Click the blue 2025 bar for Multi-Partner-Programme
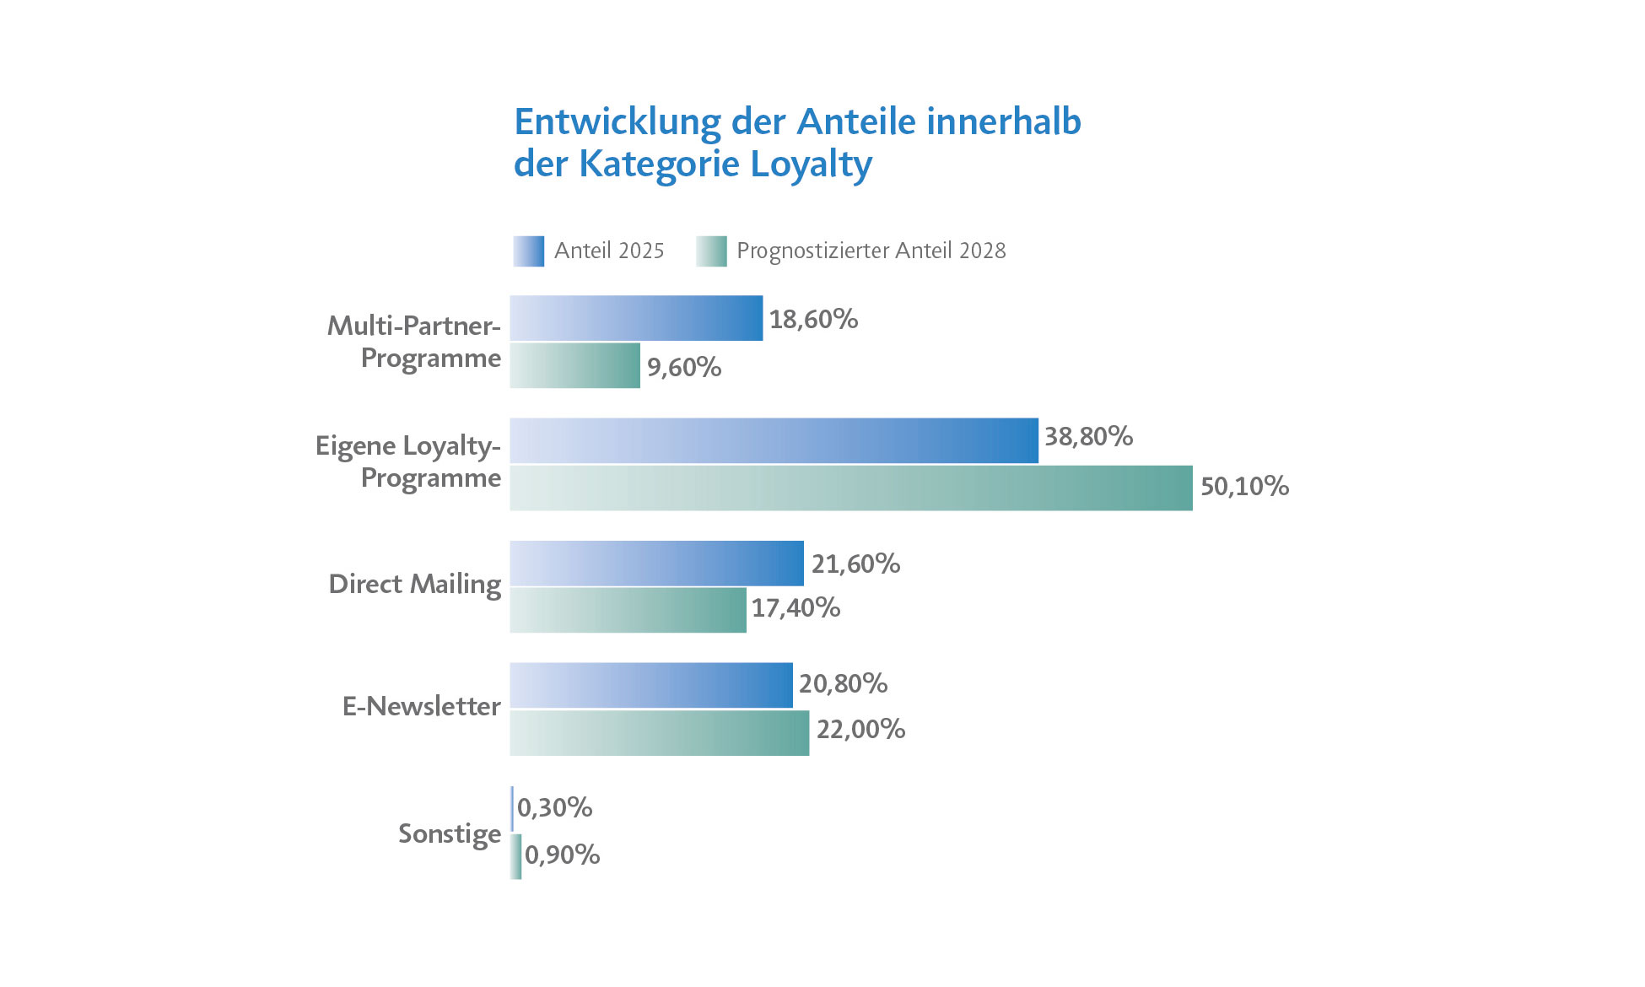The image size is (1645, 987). click(636, 318)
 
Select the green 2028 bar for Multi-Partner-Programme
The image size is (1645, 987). click(574, 365)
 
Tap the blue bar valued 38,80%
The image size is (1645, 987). click(774, 440)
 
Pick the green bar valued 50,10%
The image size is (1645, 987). click(850, 488)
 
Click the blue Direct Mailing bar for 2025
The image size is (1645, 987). click(656, 563)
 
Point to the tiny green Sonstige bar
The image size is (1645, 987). click(516, 856)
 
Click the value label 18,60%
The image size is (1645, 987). click(813, 319)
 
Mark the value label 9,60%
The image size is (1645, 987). click(684, 367)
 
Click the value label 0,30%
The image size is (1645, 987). click(554, 808)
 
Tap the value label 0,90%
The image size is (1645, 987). click(562, 855)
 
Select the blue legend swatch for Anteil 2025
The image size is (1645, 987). click(529, 251)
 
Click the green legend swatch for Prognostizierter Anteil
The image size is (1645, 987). click(711, 251)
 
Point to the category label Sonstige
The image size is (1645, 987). click(450, 833)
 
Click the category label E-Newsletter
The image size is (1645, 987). click(421, 706)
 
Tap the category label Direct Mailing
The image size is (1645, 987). click(414, 584)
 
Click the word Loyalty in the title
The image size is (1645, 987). click(811, 164)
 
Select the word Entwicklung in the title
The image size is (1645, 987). click(618, 121)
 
